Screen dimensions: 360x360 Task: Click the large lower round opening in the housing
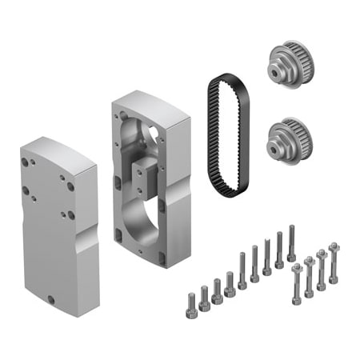145,217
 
